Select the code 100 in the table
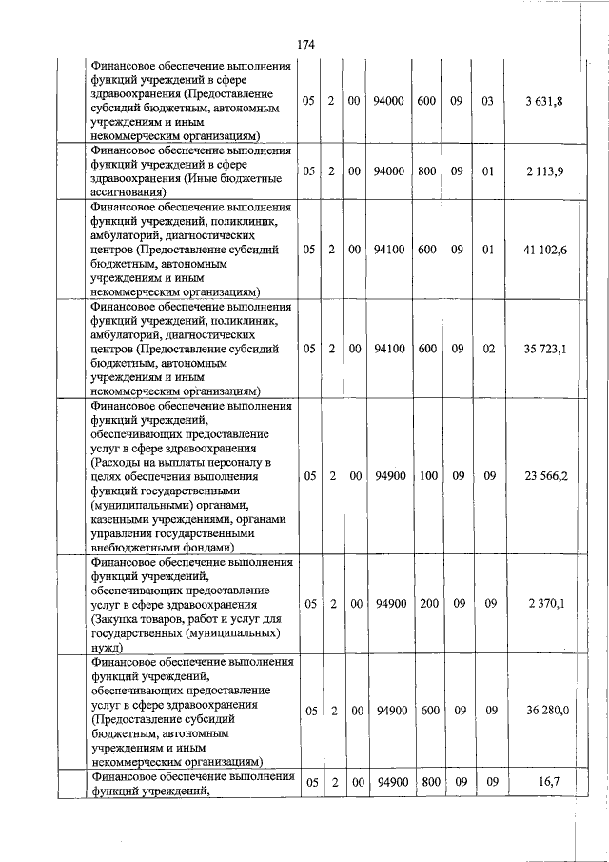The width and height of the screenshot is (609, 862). click(427, 476)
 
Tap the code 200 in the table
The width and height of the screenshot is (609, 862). click(427, 604)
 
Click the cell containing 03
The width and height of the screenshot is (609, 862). click(488, 100)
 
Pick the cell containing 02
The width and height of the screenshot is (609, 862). click(488, 350)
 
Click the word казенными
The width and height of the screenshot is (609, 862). click(121, 519)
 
